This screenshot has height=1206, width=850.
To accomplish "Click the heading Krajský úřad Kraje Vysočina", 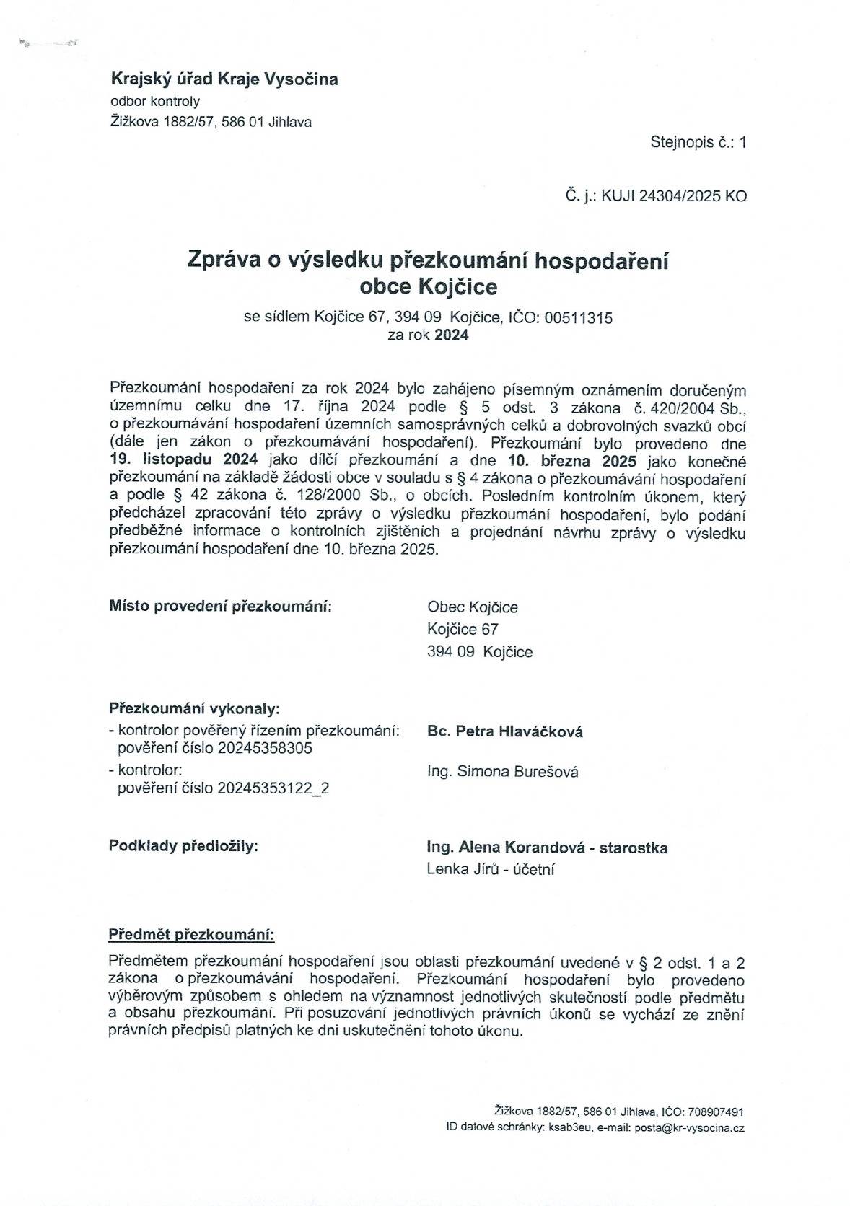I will (224, 79).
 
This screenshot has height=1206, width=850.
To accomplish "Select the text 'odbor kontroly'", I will (154, 101).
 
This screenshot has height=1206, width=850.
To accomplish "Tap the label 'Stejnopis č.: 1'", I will (698, 142).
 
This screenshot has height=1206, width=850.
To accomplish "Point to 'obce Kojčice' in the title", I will (428, 287).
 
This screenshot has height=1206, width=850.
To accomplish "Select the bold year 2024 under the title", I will (451, 335).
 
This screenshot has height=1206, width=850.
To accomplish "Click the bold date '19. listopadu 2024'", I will (183, 459).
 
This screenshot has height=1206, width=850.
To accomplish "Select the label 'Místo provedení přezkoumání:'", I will (221, 605).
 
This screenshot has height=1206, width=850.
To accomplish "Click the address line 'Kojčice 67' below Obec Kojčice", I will (463, 629).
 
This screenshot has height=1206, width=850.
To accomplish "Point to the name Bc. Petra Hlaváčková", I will (505, 731).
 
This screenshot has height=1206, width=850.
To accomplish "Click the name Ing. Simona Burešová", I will (503, 772).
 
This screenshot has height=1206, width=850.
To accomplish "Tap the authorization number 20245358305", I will (265, 748).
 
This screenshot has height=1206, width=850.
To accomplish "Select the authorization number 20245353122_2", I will (273, 788).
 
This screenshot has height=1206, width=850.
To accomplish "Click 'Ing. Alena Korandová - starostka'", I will (547, 848).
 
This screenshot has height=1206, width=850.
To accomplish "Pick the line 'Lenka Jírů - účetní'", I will (491, 869).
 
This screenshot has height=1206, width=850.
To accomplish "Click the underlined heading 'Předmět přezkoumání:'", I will (191, 936).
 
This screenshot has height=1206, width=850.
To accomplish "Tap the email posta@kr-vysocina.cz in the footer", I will (689, 1127).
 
